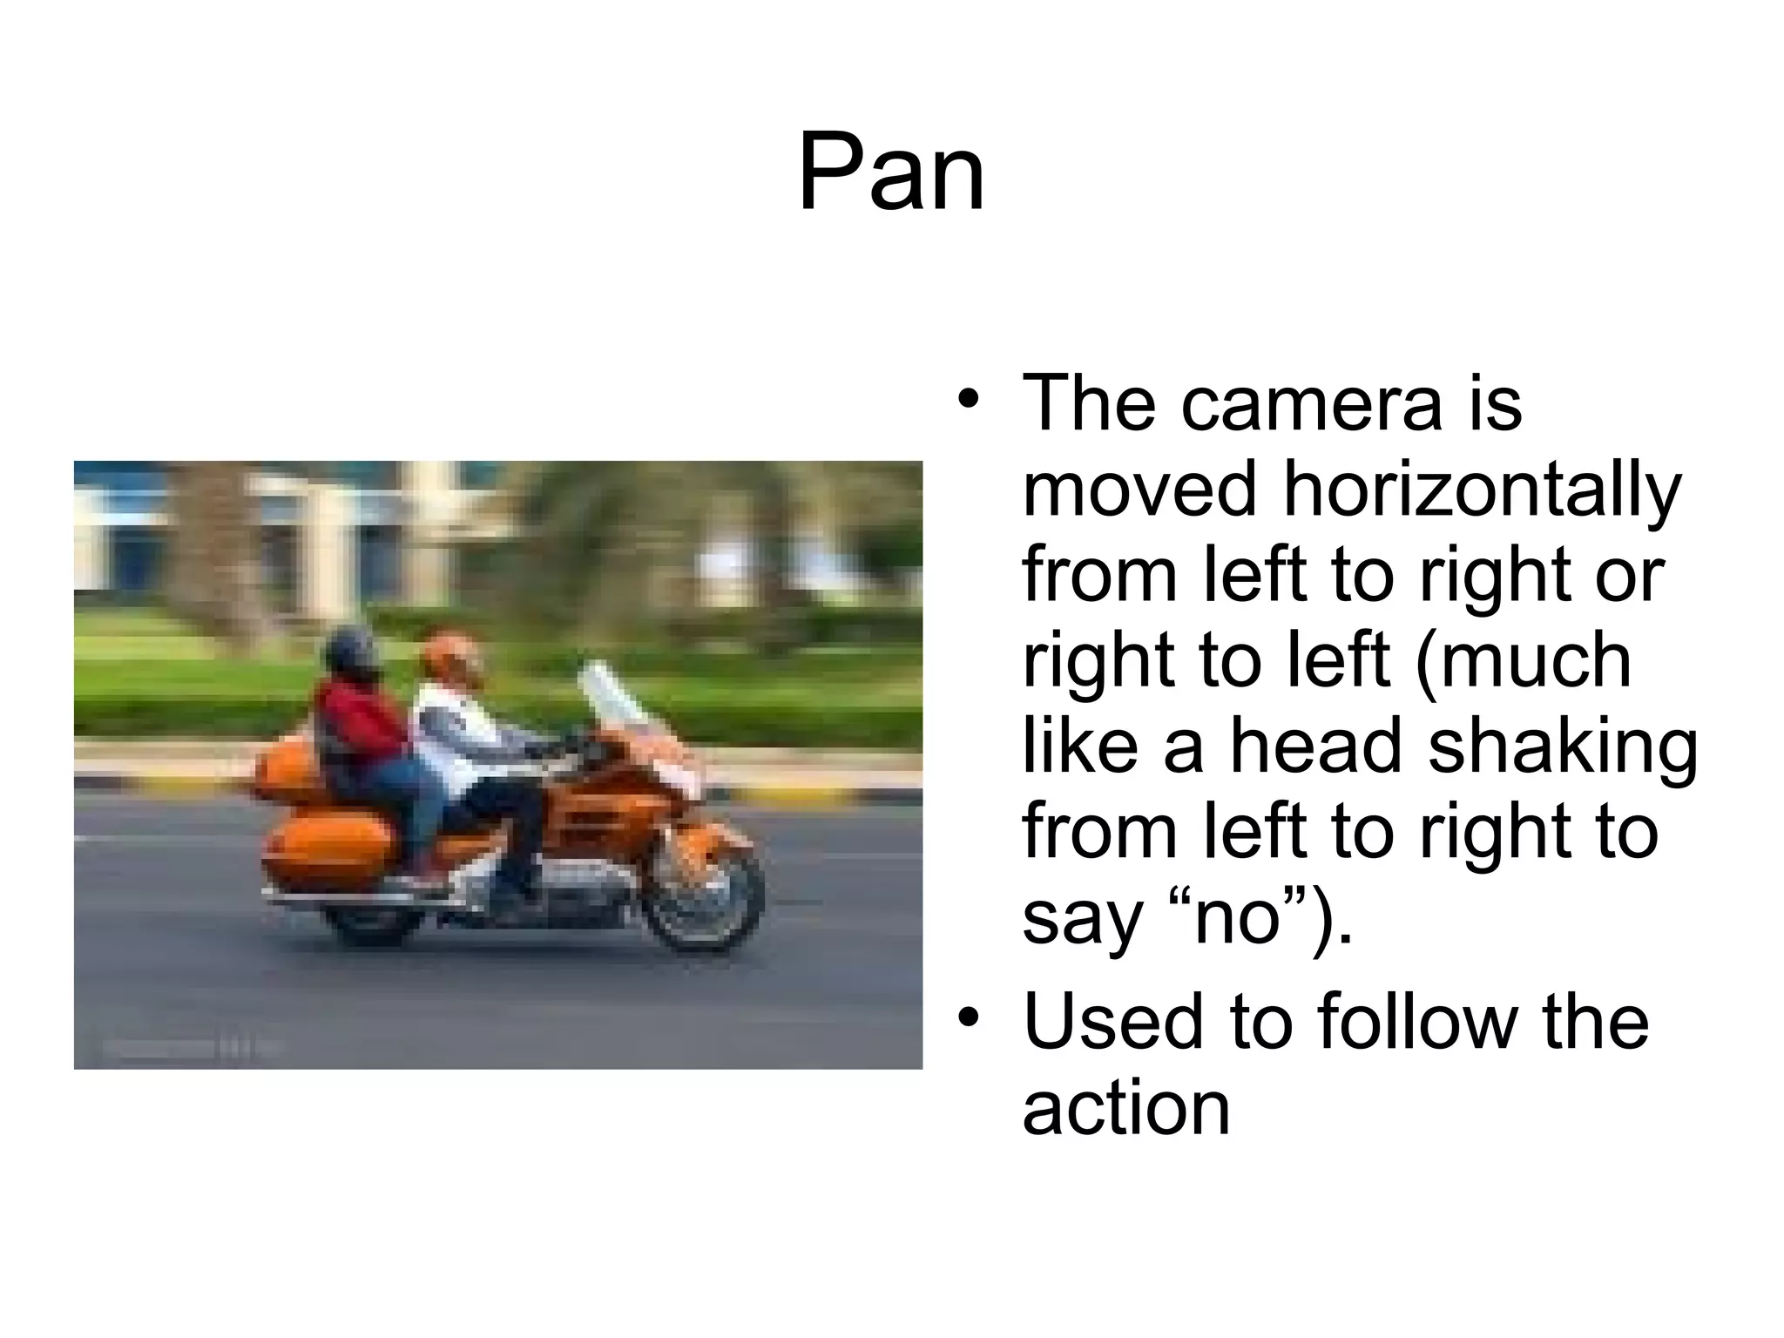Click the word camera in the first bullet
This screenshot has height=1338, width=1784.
point(1310,403)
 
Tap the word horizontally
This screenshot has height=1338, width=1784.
point(1481,490)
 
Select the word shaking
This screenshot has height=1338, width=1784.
point(1563,747)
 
